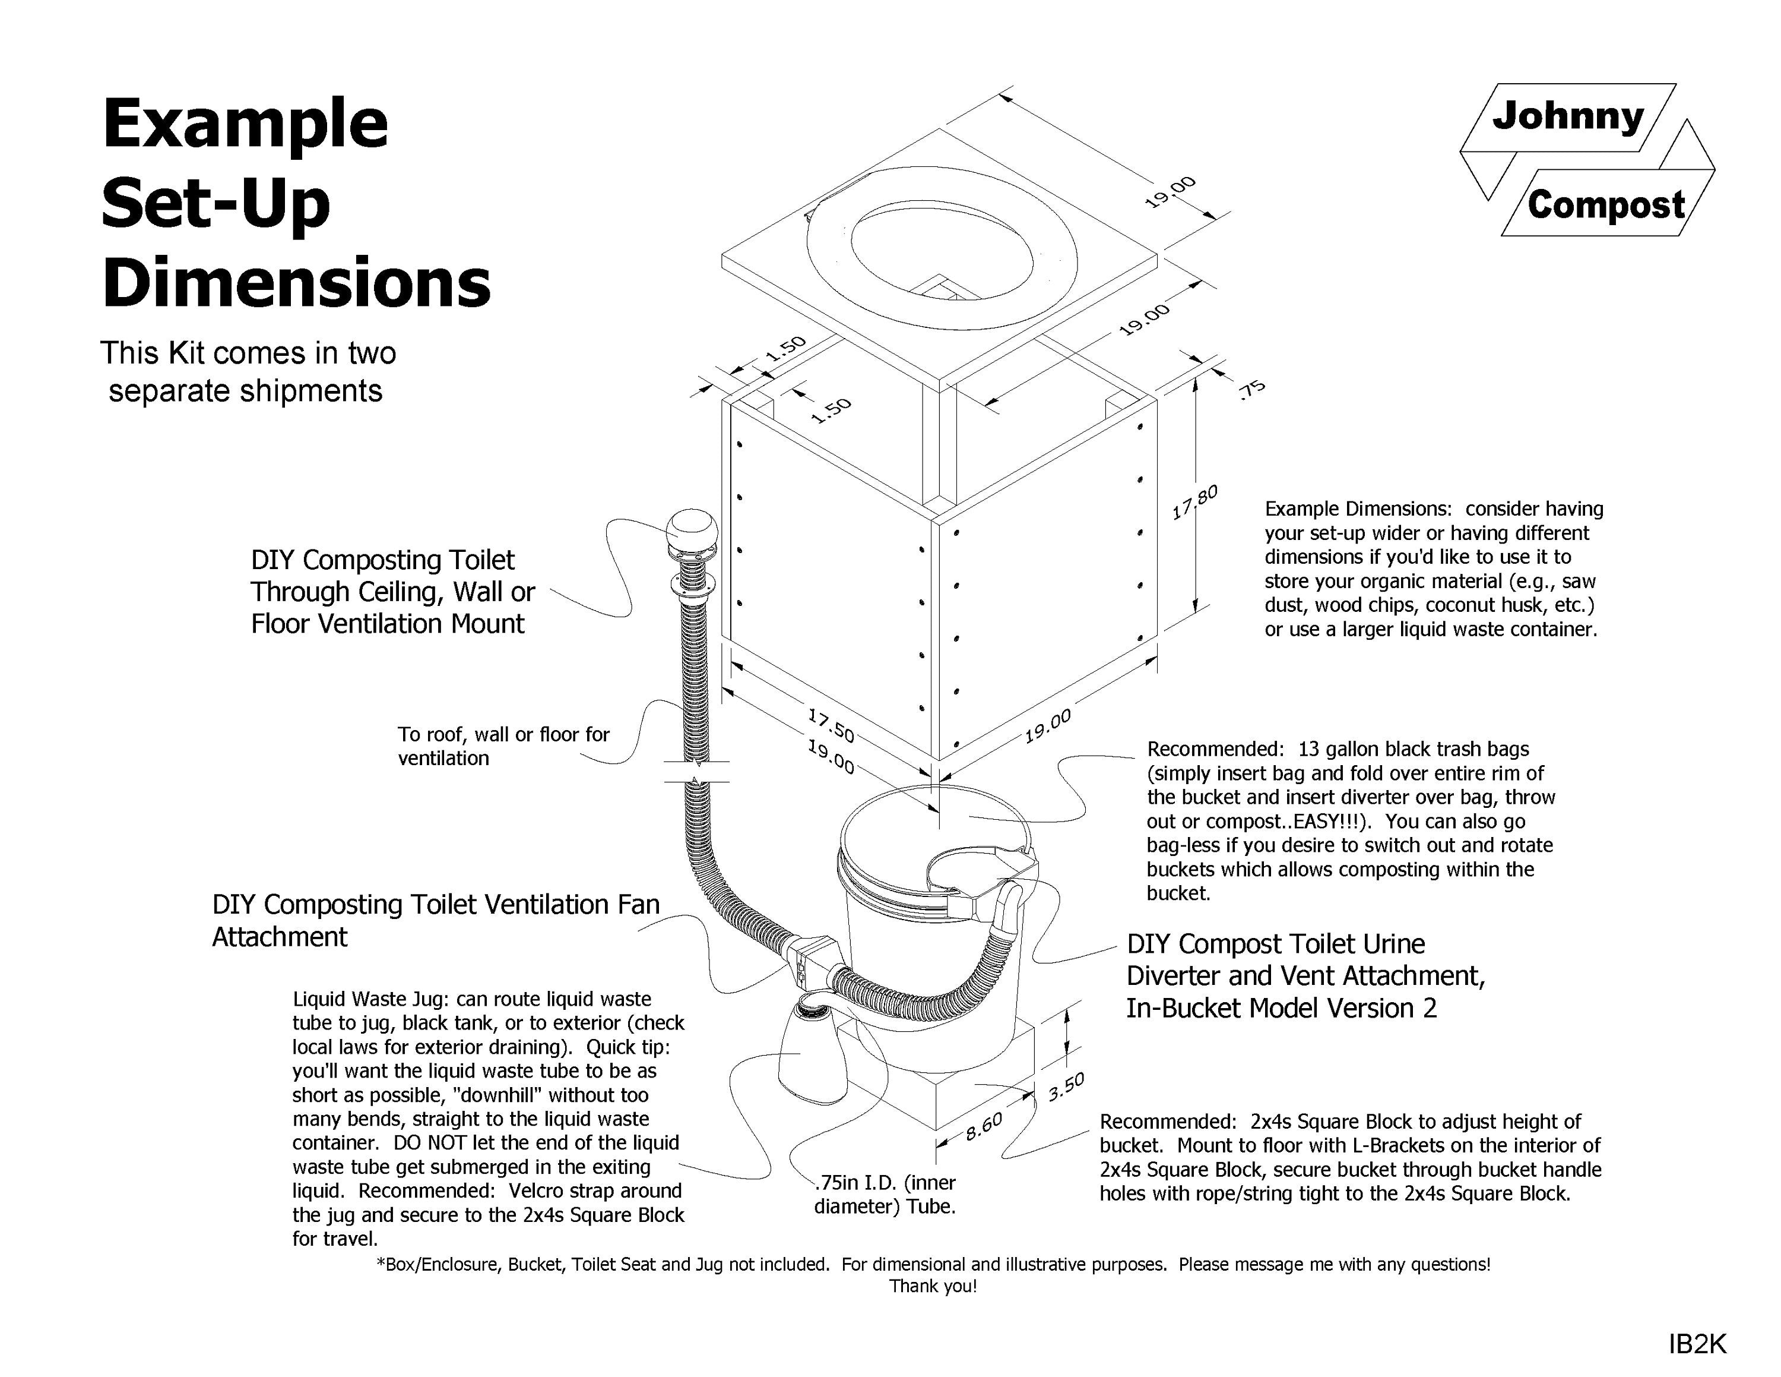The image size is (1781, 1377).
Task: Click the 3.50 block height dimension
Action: click(1066, 1087)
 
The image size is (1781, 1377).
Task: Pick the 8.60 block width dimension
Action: click(984, 1126)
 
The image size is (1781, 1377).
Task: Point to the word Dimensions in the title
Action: click(296, 282)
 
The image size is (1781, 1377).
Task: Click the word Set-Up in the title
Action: click(216, 204)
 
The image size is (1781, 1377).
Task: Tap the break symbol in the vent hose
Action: click(696, 772)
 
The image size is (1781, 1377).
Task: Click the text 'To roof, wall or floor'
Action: click(503, 734)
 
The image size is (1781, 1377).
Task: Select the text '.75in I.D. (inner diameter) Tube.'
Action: click(885, 1194)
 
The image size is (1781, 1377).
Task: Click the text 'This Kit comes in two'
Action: click(248, 353)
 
